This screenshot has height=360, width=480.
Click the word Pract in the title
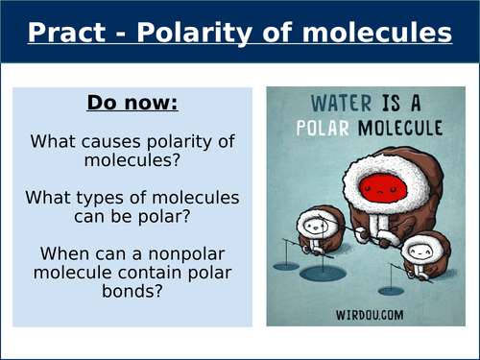pos(70,34)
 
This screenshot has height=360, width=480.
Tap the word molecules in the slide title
pos(382,34)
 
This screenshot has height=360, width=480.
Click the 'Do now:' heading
pos(133,102)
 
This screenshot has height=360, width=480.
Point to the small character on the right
pos(419,252)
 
